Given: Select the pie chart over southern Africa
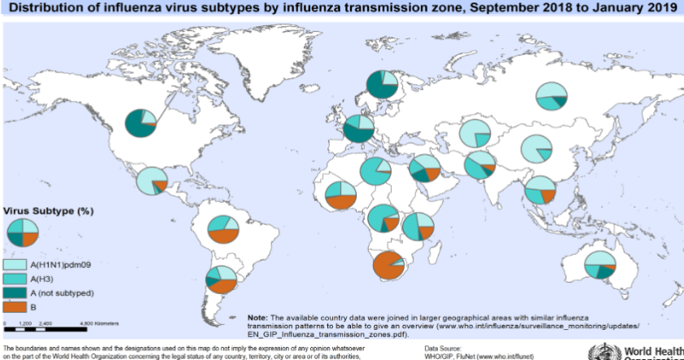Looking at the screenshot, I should tap(388, 266).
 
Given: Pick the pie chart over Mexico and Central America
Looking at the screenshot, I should tap(151, 181).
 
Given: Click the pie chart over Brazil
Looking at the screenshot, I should tap(222, 230).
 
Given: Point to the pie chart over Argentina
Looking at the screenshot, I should tap(221, 279).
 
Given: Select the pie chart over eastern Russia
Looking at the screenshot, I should tap(551, 97).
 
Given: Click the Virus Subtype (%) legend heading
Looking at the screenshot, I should tap(50, 211).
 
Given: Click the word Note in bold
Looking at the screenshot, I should tap(256, 316).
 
